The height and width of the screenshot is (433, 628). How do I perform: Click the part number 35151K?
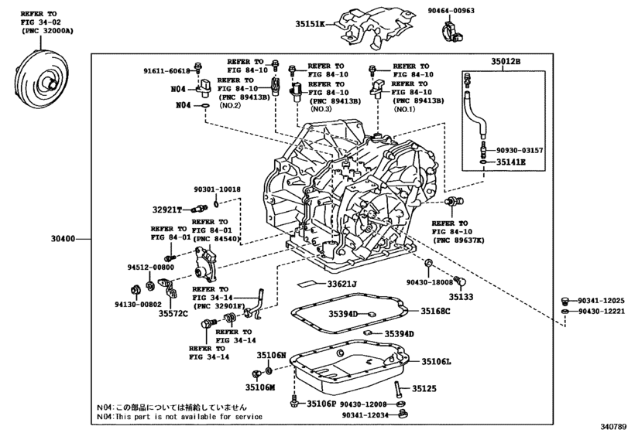click(x=311, y=24)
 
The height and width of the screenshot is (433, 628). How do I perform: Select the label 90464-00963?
click(x=451, y=10)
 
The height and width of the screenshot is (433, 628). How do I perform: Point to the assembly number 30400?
click(x=63, y=239)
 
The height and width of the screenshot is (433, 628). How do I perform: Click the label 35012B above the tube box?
click(x=506, y=62)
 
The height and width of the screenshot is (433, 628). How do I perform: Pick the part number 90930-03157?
click(x=520, y=150)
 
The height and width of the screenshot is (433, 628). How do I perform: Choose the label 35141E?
click(x=510, y=162)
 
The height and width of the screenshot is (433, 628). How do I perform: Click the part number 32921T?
click(x=167, y=210)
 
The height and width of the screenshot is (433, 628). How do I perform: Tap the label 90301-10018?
click(x=218, y=189)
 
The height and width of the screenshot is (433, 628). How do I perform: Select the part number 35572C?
click(x=173, y=313)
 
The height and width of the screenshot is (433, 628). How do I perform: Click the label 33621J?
click(x=341, y=284)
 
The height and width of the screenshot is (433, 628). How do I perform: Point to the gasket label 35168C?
click(x=435, y=311)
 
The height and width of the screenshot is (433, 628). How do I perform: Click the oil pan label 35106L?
click(x=436, y=361)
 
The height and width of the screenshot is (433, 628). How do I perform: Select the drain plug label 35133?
click(x=461, y=297)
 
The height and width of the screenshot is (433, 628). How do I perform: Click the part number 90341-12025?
click(x=601, y=301)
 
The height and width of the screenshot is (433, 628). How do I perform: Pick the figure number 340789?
click(x=613, y=426)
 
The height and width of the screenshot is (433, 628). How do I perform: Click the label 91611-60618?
click(x=166, y=71)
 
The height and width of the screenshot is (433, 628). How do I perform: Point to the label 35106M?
click(x=260, y=387)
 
